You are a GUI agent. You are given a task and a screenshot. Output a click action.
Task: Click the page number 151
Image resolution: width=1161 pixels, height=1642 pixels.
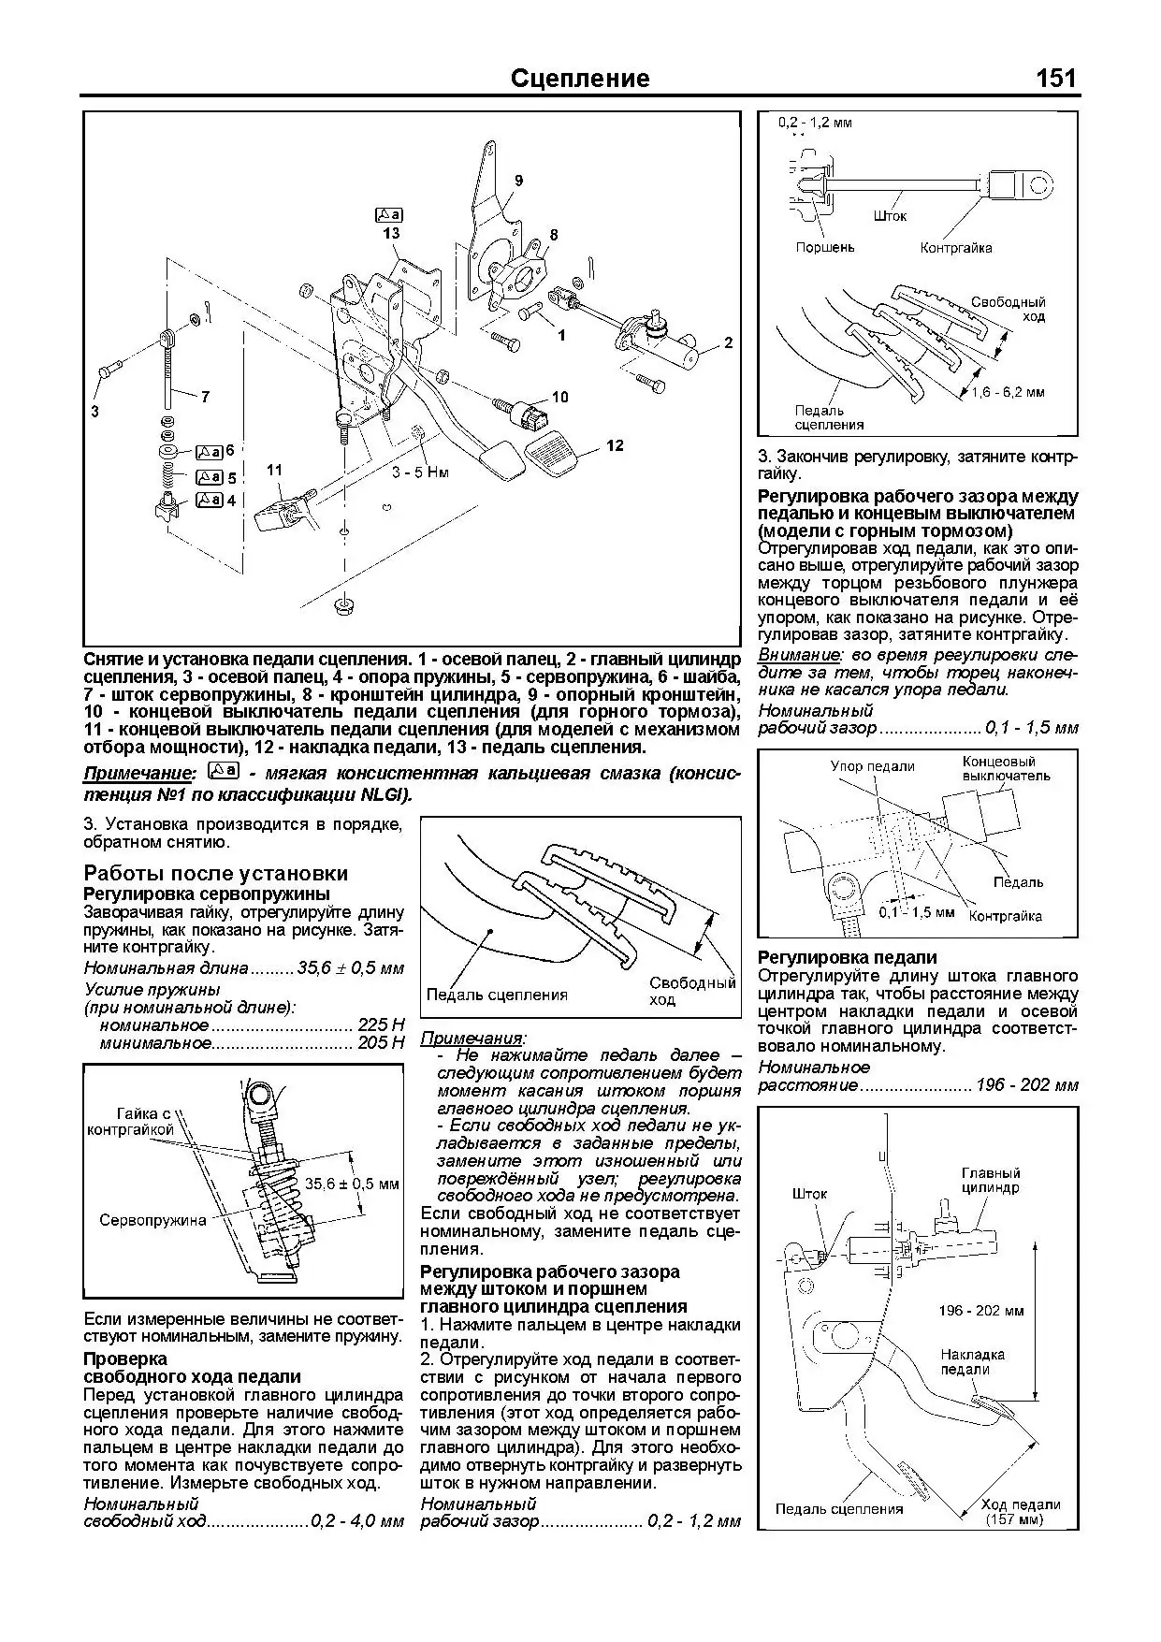[x=1056, y=78]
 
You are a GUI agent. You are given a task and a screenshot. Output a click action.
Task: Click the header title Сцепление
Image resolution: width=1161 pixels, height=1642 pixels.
[x=580, y=78]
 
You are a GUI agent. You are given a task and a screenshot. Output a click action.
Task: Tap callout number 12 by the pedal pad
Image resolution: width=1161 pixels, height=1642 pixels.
[x=614, y=445]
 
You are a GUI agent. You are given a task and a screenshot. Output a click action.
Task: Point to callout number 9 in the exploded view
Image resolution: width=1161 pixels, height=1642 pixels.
[x=518, y=180]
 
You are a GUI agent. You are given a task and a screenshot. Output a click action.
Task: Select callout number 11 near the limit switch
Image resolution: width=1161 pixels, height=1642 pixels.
[x=274, y=470]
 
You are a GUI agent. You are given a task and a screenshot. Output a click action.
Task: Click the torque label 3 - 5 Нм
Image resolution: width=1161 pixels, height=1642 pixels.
[x=420, y=472]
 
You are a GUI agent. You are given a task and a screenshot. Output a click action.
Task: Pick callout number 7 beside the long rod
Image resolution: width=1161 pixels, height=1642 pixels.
[x=204, y=397]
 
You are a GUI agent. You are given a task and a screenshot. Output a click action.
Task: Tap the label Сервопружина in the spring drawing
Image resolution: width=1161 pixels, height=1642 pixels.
[x=152, y=1220]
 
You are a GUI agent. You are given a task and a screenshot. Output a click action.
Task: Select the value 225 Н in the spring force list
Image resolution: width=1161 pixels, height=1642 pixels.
[x=381, y=1024]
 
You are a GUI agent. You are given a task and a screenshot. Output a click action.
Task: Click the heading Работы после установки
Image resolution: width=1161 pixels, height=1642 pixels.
[x=215, y=873]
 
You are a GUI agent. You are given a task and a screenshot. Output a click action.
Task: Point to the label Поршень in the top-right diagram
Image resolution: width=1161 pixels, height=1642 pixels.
[x=824, y=248]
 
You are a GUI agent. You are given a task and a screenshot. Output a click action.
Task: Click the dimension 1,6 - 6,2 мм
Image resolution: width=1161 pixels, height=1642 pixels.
[x=1008, y=392]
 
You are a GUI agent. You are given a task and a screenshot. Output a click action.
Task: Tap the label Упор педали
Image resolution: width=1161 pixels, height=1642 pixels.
[x=872, y=766]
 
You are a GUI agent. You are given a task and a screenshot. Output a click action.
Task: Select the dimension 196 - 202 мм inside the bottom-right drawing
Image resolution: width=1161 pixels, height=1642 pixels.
[x=980, y=1311]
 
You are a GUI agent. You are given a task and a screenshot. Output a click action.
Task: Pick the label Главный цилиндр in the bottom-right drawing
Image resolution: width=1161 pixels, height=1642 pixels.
[x=991, y=1180]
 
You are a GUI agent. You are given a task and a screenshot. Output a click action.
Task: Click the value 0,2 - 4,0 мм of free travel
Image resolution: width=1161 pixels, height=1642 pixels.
[x=356, y=1521]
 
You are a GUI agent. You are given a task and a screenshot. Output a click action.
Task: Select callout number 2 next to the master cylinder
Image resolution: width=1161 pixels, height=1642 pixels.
[x=728, y=343]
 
